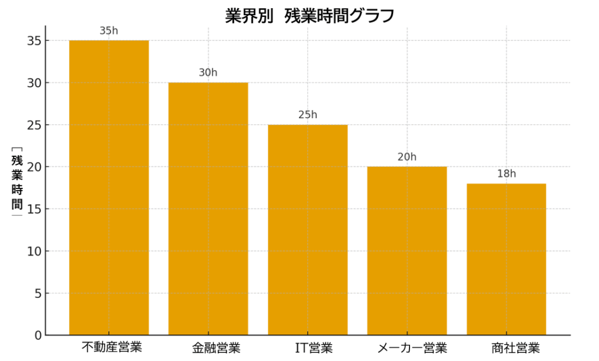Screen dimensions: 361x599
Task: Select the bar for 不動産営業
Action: point(109,187)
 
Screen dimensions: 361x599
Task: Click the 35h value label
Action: point(109,31)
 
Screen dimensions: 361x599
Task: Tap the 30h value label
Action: point(208,73)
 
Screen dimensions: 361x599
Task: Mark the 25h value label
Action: point(308,115)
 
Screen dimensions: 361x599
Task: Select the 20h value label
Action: point(407,157)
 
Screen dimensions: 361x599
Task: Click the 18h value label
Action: point(507,174)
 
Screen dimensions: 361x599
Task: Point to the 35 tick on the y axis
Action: point(33,41)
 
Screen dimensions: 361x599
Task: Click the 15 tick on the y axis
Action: point(33,209)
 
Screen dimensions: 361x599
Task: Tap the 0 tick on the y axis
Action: point(38,336)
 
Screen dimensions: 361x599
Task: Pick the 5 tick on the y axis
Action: point(38,294)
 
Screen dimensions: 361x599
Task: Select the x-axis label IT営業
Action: point(314,349)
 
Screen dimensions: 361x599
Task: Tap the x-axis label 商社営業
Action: point(515,349)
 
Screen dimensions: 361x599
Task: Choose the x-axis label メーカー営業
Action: point(412,349)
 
